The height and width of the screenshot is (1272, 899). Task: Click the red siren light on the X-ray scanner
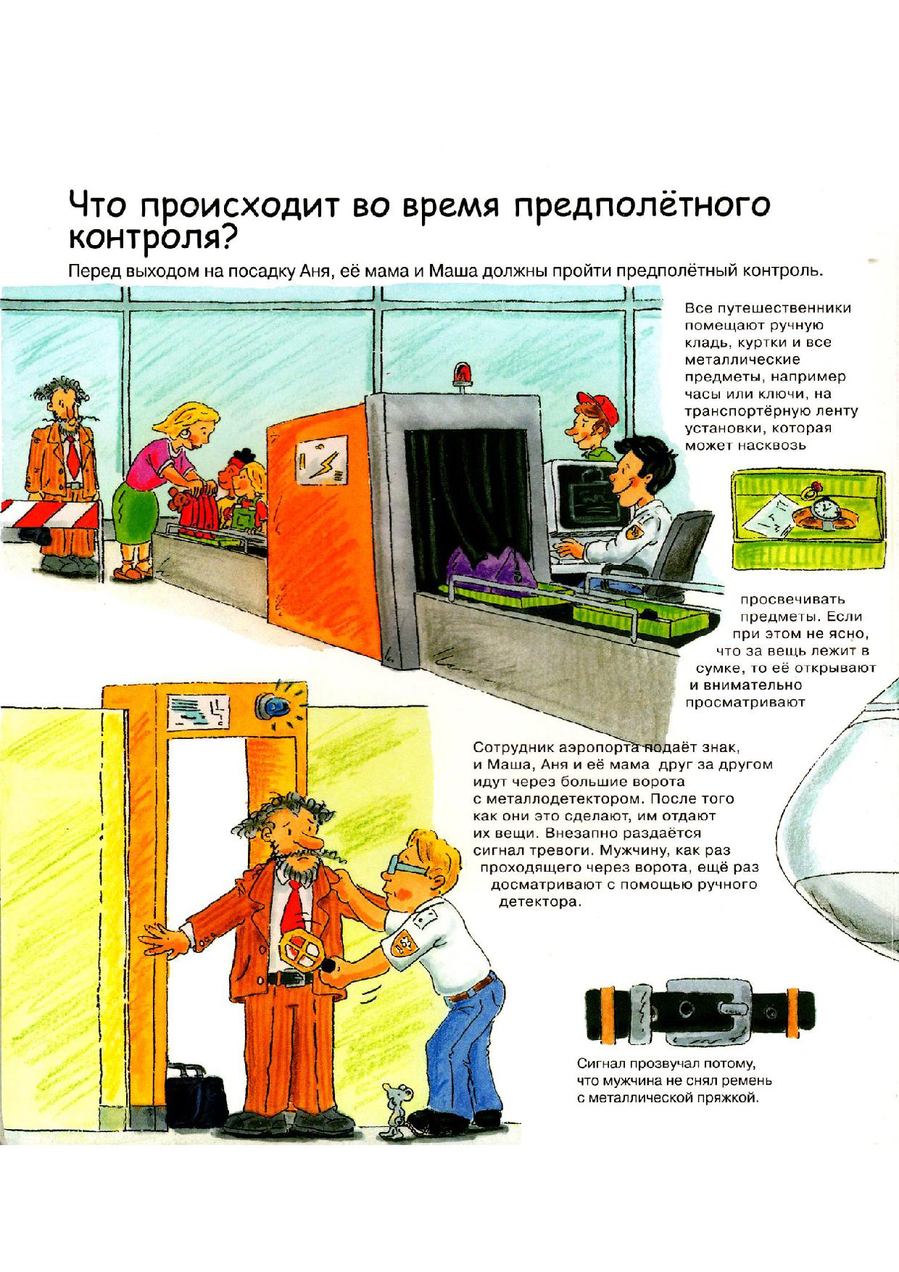(x=460, y=375)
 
